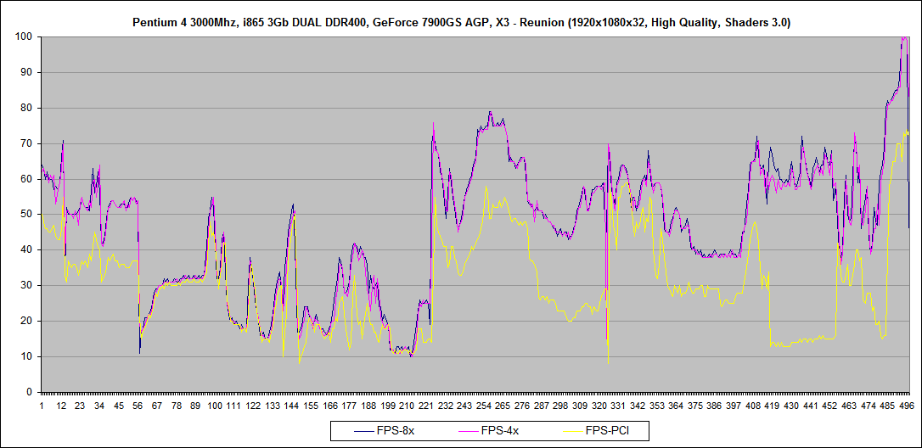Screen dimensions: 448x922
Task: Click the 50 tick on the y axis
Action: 25,215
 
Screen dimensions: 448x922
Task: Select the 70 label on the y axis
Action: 25,143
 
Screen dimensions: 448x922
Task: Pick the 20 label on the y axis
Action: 25,322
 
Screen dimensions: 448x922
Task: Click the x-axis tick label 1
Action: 42,406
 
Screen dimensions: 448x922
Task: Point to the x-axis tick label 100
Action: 215,406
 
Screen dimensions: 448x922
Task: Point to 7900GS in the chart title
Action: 435,23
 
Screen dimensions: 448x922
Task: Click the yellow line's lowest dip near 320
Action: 608,363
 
